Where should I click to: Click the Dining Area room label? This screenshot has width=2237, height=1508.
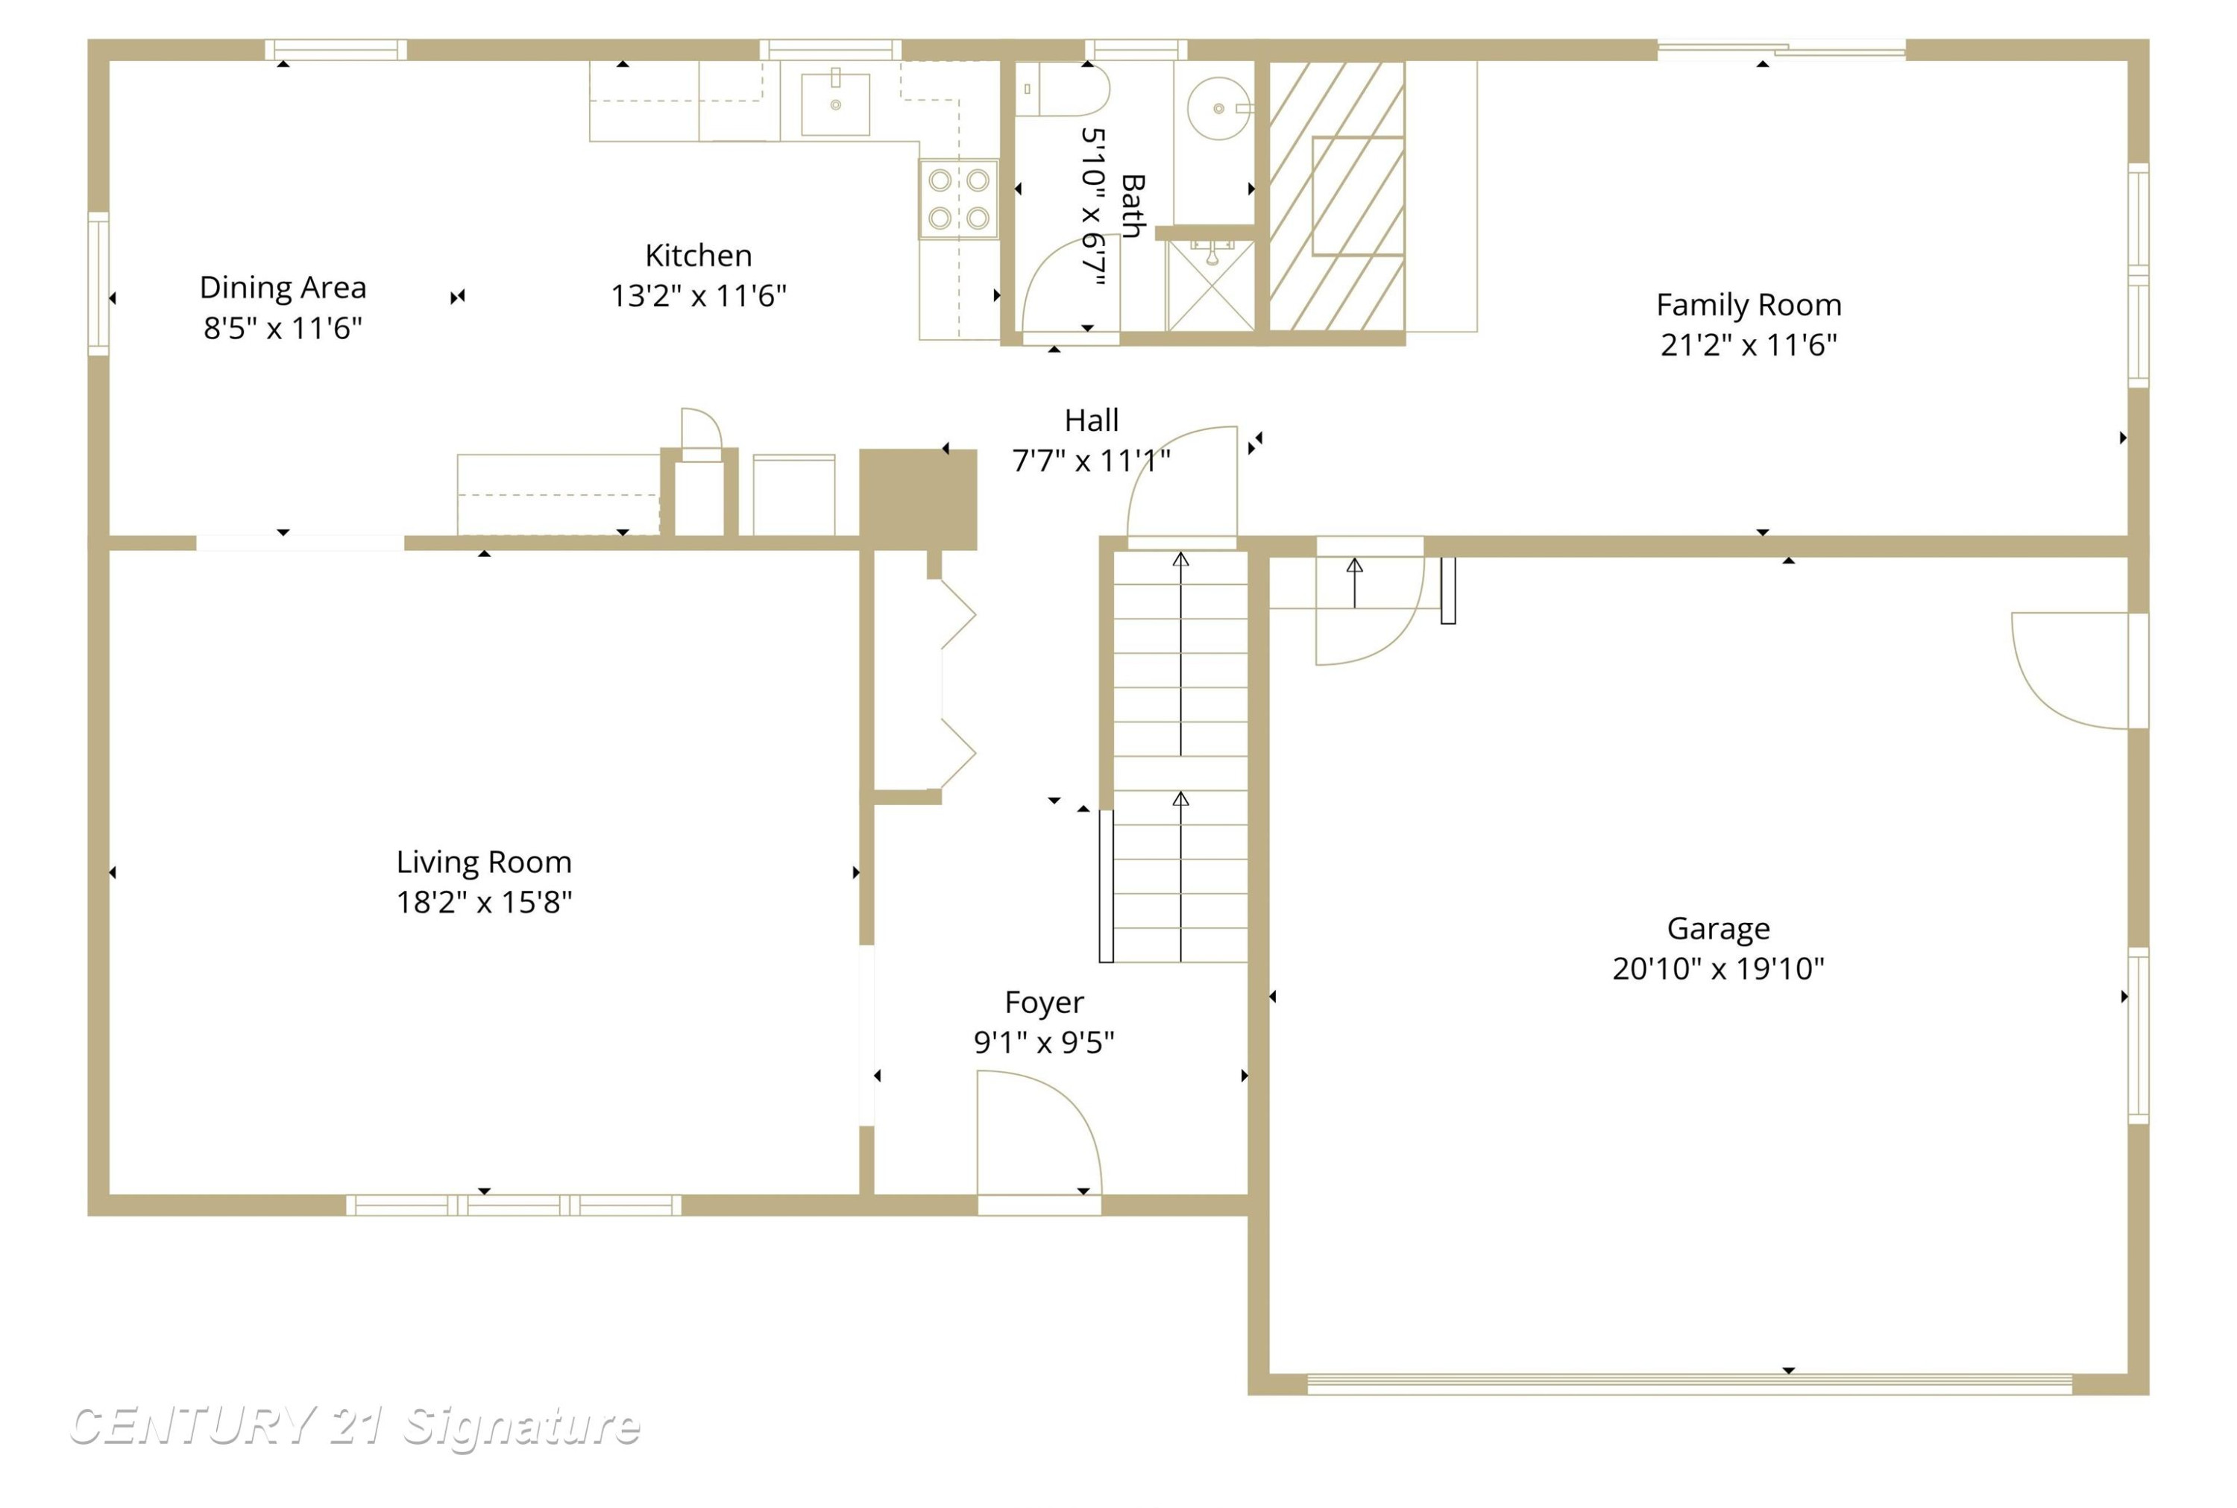click(x=283, y=288)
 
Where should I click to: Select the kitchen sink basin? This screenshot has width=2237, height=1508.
click(x=835, y=103)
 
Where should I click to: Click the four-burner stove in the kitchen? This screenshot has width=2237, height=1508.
click(x=958, y=199)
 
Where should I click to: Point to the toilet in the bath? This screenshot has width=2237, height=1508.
click(x=1062, y=89)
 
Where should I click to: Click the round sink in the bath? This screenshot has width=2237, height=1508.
click(x=1218, y=109)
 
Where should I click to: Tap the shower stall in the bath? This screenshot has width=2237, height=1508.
click(x=1210, y=285)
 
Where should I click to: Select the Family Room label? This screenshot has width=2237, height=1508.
click(x=1749, y=305)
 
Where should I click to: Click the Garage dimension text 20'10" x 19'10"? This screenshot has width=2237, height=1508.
click(x=1718, y=968)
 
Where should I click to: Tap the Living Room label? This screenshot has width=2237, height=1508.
click(x=484, y=862)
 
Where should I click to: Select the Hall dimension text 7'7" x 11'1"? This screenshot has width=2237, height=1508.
click(x=1091, y=461)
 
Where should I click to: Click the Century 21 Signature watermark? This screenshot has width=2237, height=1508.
click(x=355, y=1425)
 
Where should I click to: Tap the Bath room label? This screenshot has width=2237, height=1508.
click(x=1133, y=206)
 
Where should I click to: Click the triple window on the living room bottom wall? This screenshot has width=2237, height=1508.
click(x=514, y=1205)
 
